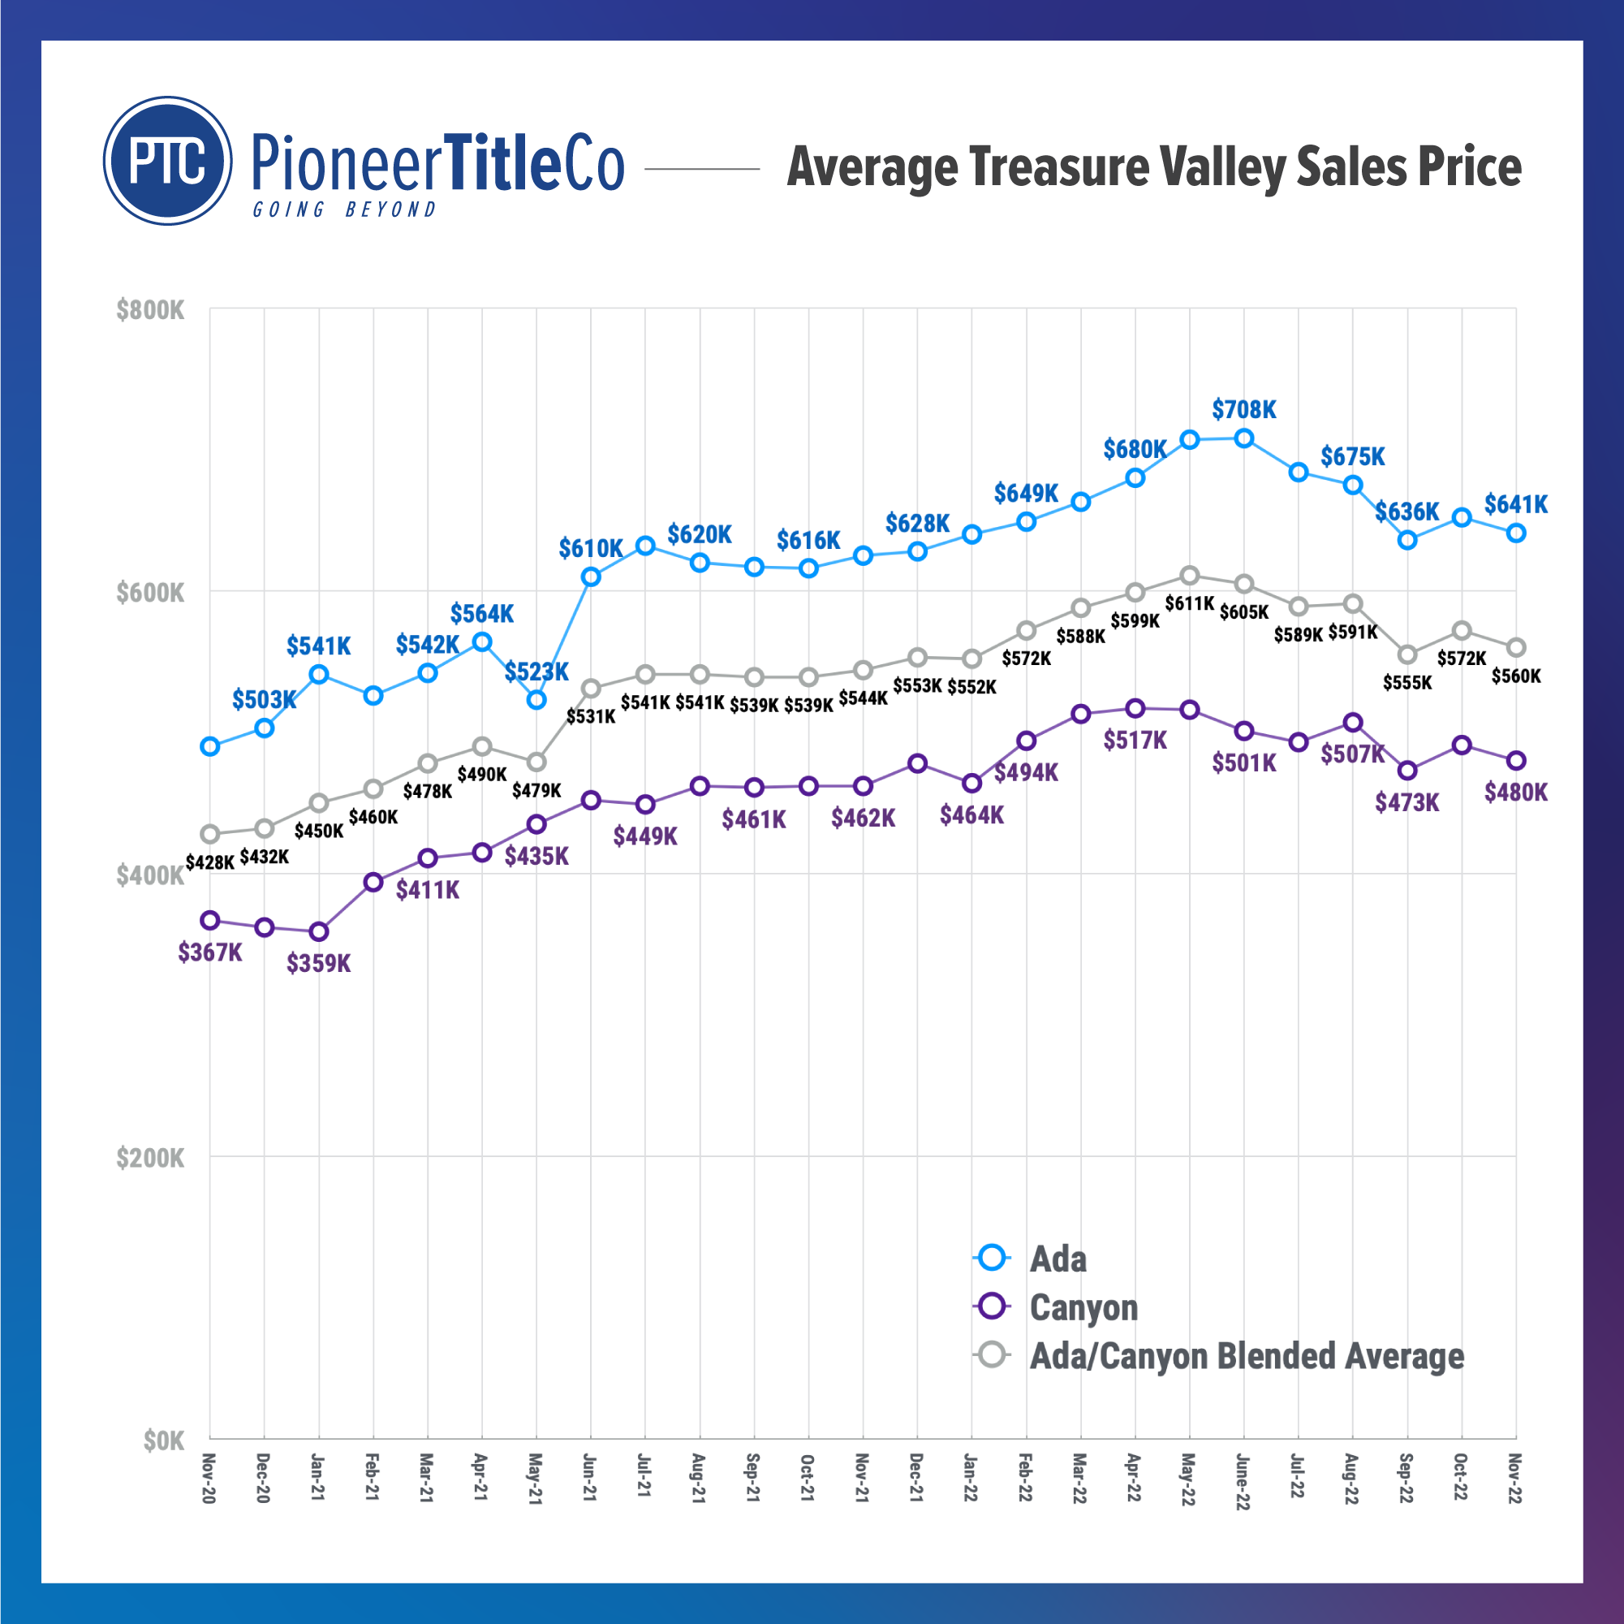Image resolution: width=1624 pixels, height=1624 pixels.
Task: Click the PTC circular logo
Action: [167, 161]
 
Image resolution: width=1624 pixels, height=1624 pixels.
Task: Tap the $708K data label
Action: [1243, 409]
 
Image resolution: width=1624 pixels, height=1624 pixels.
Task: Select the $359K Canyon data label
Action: [319, 963]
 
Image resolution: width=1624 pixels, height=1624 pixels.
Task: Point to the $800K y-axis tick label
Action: [149, 310]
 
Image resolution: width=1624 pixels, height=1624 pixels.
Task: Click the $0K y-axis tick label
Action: [163, 1440]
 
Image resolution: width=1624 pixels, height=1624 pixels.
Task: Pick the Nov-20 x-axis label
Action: [209, 1478]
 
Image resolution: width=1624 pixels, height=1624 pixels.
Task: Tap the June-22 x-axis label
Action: [1243, 1481]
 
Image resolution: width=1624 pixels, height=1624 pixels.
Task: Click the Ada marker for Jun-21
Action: [591, 577]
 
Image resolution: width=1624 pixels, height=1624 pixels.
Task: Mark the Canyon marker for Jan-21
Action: [319, 932]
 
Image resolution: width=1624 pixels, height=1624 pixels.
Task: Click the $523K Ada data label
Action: [536, 672]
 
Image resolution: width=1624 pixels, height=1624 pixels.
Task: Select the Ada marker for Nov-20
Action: [210, 746]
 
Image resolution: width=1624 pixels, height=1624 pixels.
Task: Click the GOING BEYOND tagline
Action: [345, 209]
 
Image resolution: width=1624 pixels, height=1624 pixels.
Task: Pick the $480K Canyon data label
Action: [1515, 793]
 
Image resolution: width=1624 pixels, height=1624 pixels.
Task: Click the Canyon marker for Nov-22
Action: [1515, 760]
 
